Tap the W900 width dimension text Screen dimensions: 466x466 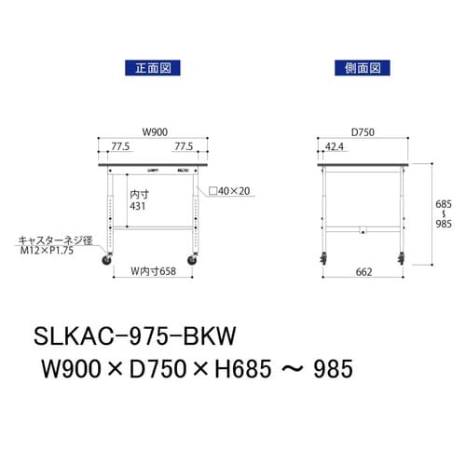pos(153,130)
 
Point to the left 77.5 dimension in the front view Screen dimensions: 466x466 pos(118,146)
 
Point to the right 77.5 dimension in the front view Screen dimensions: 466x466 pos(183,146)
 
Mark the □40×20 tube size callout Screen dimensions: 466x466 pos(229,191)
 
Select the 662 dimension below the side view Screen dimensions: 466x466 pos(363,273)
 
